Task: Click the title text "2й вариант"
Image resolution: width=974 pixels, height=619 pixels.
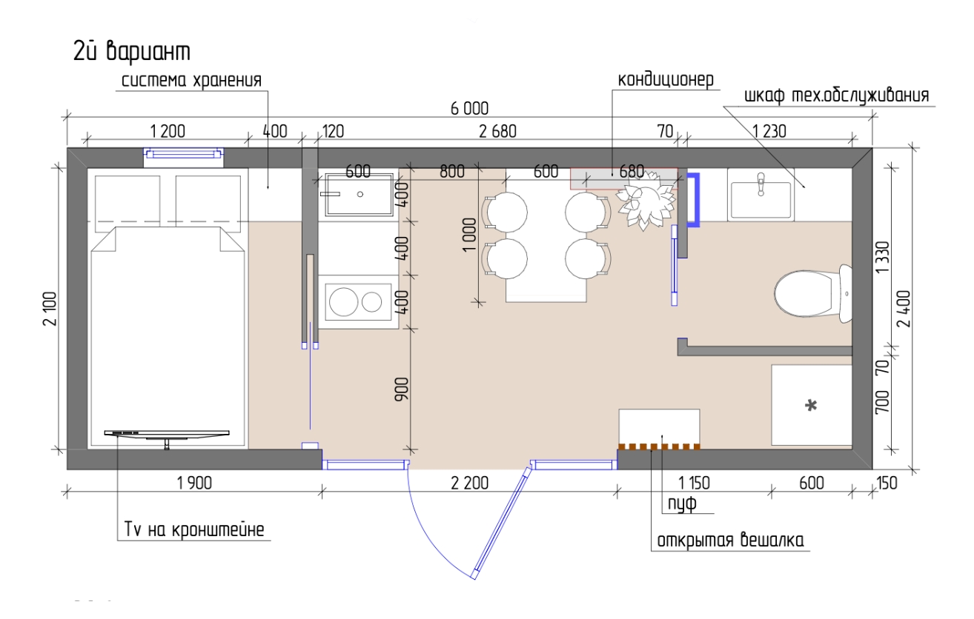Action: click(132, 52)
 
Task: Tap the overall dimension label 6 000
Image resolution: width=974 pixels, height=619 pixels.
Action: click(470, 109)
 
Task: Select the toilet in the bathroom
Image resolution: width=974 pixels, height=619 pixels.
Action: click(813, 294)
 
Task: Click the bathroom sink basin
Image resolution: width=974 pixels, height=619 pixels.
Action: click(761, 199)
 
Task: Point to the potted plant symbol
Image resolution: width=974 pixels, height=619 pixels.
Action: click(646, 200)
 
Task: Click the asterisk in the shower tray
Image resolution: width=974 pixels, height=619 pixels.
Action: click(811, 406)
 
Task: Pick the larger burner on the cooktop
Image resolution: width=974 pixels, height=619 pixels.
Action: click(343, 301)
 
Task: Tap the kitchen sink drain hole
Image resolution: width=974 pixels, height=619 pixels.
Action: click(360, 194)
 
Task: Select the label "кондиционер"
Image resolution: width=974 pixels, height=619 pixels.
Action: click(666, 80)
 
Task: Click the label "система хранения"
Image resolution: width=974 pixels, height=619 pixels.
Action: click(191, 81)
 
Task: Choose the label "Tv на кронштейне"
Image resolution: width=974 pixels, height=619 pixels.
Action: click(194, 529)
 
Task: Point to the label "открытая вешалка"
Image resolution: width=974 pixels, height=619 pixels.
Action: click(730, 541)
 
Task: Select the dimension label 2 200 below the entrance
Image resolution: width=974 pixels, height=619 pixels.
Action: click(470, 483)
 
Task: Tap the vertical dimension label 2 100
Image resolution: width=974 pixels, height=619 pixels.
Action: click(50, 309)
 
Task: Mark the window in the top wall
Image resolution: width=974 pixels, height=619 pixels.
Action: click(184, 153)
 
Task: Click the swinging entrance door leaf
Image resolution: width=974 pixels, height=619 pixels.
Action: click(503, 523)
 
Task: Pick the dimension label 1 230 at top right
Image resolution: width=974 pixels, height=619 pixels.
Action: click(769, 131)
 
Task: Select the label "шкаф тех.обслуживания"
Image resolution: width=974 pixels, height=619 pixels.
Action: click(837, 96)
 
